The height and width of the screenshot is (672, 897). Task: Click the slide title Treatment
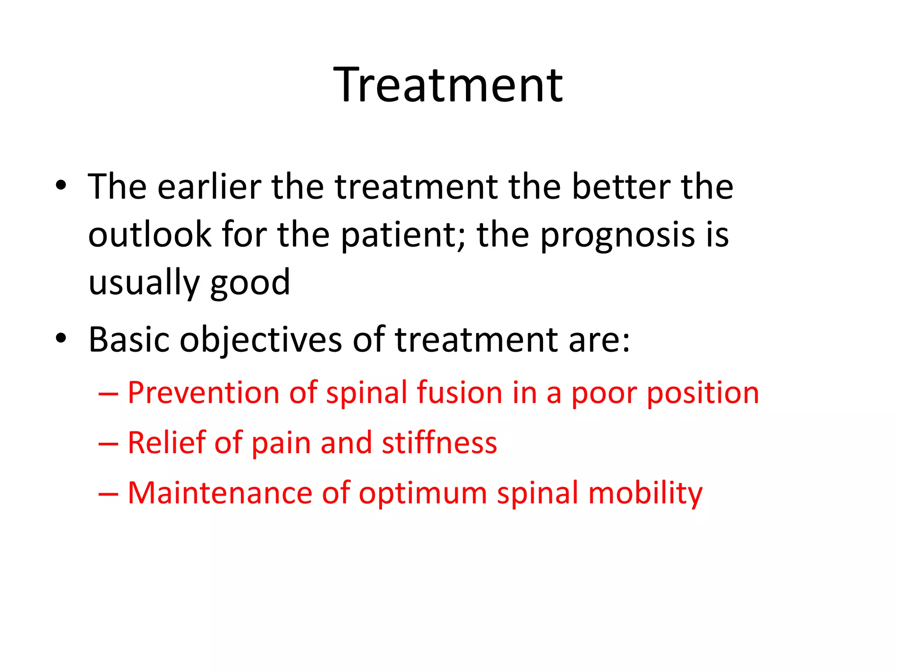coord(448,85)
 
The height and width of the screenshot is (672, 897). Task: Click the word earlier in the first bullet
coord(209,187)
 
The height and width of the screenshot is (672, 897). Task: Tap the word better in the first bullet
coord(621,187)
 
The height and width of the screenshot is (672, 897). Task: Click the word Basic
coord(129,340)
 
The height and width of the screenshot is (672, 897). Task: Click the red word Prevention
coord(203,392)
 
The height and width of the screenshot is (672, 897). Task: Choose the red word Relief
coord(166,443)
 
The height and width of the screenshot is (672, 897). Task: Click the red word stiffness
coord(439,443)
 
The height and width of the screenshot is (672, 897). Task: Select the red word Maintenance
coord(219,493)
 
